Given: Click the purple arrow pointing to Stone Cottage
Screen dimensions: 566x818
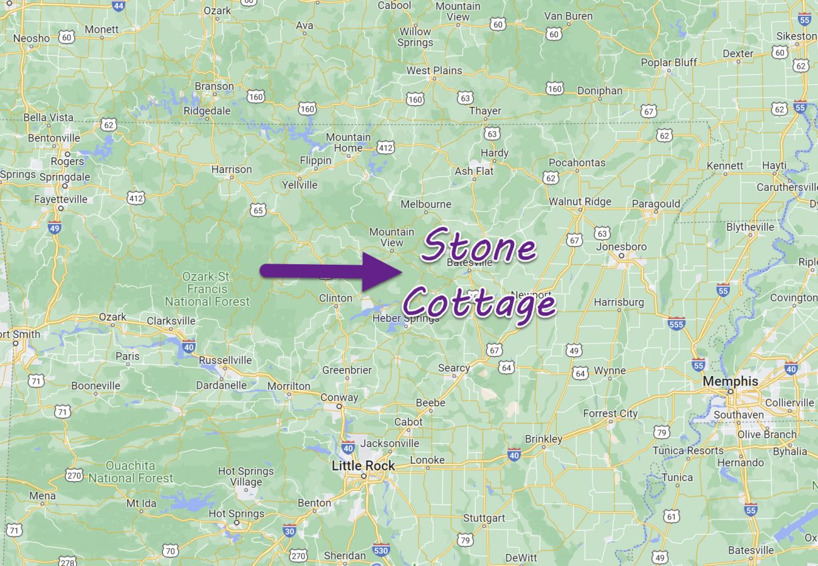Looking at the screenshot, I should point(330,271).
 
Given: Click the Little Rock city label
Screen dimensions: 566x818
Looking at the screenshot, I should point(364,466).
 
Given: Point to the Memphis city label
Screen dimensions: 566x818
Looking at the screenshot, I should point(730,382).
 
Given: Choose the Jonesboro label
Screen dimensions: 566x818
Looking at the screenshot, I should point(621,247).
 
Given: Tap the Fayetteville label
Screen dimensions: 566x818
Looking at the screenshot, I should point(61,199).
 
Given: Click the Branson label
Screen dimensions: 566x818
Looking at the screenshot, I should point(214,86).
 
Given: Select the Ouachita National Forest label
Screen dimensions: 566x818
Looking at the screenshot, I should point(130,472).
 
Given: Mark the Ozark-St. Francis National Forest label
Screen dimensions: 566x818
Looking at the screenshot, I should point(206,289).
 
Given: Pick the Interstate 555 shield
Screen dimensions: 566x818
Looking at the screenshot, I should point(676,323).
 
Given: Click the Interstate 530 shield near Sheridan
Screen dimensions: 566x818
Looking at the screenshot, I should point(381,550).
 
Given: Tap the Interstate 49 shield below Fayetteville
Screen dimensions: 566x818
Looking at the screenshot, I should point(55,227).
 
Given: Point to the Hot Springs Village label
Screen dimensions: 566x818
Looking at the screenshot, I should point(245,477).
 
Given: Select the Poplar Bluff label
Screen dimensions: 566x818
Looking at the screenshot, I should point(669,62).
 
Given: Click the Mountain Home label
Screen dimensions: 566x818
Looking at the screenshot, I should point(348,143).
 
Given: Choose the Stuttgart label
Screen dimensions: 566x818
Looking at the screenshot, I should point(484,518).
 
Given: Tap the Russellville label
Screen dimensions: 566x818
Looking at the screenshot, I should point(225,360).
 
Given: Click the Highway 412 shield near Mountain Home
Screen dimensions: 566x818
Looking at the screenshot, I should point(386,147).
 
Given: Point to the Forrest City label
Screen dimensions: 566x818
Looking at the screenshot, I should point(610,414).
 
